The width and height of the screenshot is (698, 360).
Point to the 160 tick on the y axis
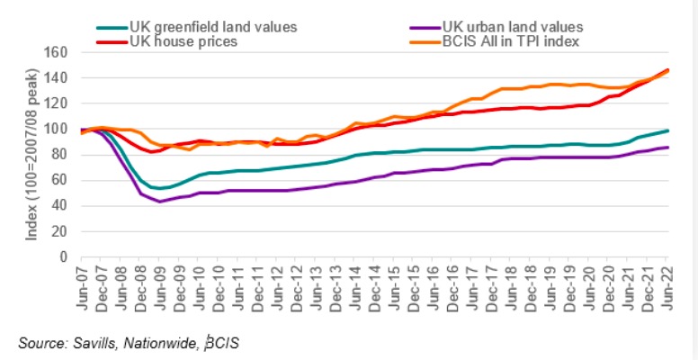click(x=59, y=52)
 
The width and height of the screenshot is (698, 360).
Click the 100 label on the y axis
click(x=59, y=129)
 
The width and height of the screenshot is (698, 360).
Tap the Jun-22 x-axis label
click(x=667, y=287)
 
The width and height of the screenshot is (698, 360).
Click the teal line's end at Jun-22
click(x=668, y=130)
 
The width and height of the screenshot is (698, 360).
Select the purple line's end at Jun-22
click(x=668, y=147)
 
